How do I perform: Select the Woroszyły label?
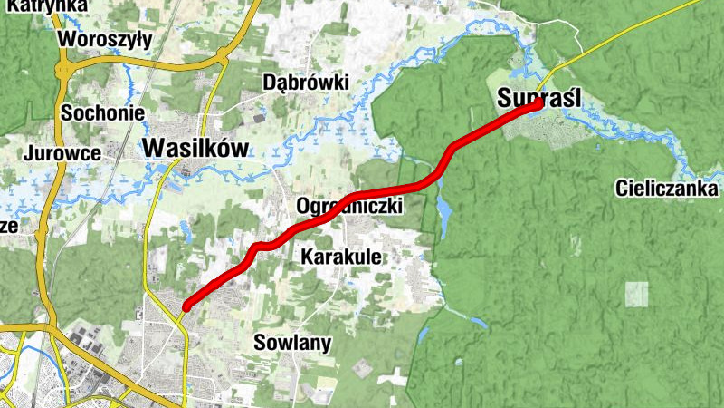(x=104, y=39)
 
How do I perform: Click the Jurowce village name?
(x=63, y=152)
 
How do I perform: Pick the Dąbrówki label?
(x=305, y=82)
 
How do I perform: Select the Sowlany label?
(x=292, y=343)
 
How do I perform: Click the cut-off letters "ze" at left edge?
(x=8, y=224)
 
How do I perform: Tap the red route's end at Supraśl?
(x=538, y=103)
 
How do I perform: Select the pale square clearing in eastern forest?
(x=636, y=294)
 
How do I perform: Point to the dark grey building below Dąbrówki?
(x=260, y=118)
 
